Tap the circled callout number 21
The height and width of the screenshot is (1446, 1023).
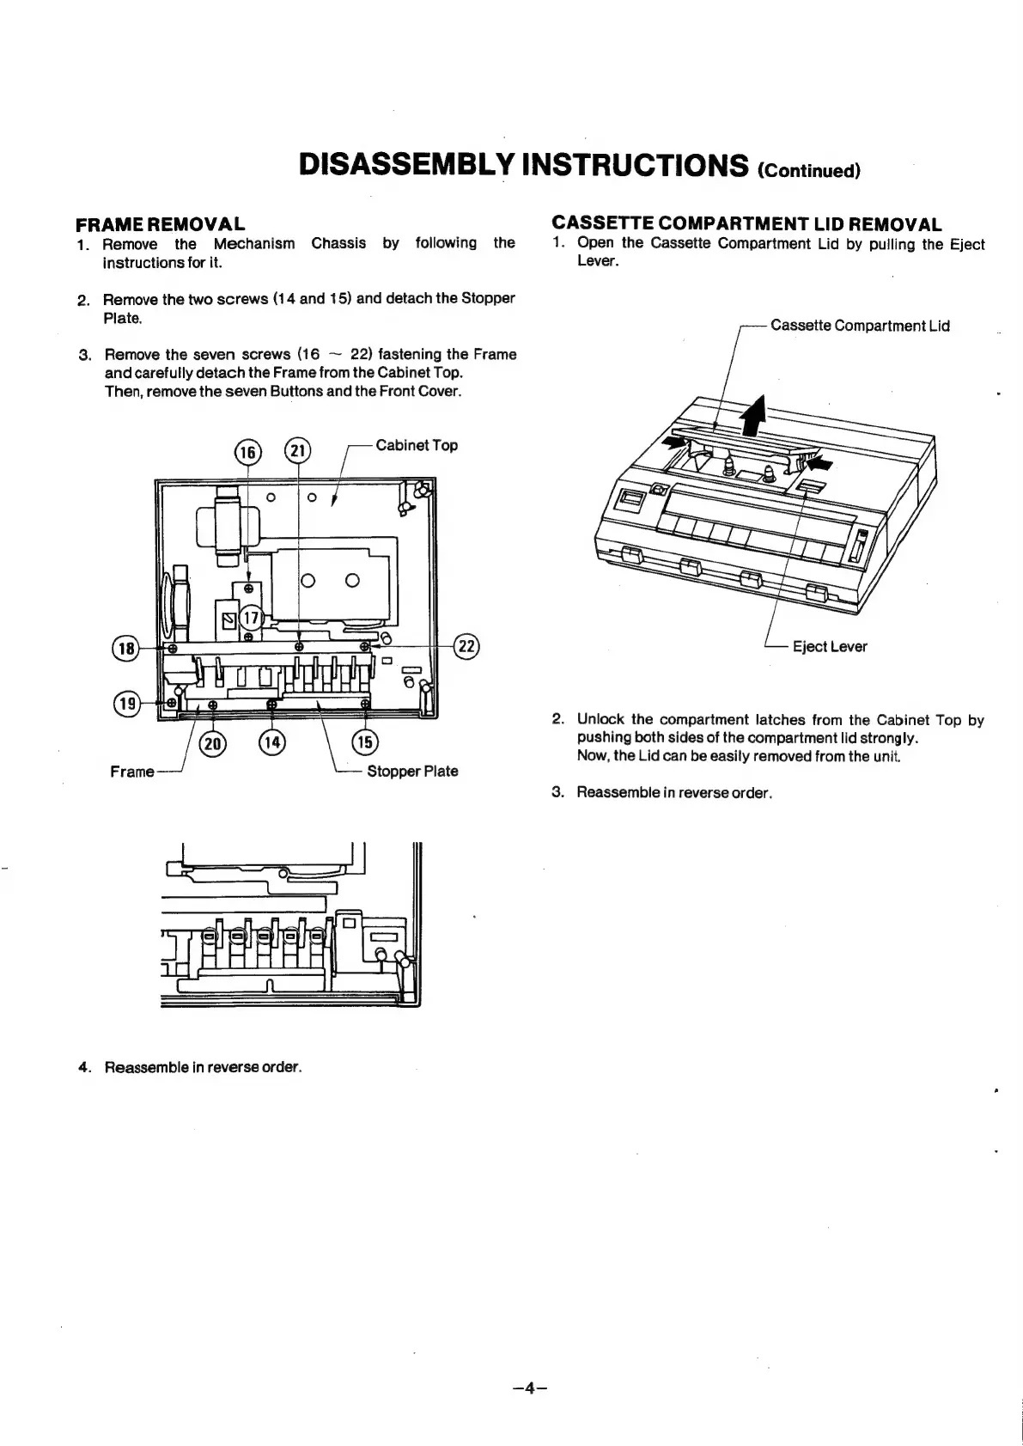tap(297, 452)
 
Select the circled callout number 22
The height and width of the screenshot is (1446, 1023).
tap(467, 647)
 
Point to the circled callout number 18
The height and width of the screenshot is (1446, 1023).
tap(127, 648)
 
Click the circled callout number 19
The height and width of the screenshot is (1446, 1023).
tap(127, 704)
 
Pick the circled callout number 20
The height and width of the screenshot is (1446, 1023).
tap(210, 743)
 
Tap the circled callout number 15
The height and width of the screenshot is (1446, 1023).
tap(366, 743)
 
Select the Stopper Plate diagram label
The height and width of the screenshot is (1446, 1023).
tap(412, 772)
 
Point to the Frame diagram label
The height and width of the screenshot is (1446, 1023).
tap(132, 772)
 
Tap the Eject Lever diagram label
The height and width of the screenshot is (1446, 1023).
tap(829, 647)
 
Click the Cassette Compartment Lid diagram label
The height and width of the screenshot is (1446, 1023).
tap(860, 326)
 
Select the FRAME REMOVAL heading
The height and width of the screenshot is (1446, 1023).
tap(161, 225)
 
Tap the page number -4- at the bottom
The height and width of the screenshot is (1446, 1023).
tap(530, 1388)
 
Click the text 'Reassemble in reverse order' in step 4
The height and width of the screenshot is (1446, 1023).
tap(203, 1067)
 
